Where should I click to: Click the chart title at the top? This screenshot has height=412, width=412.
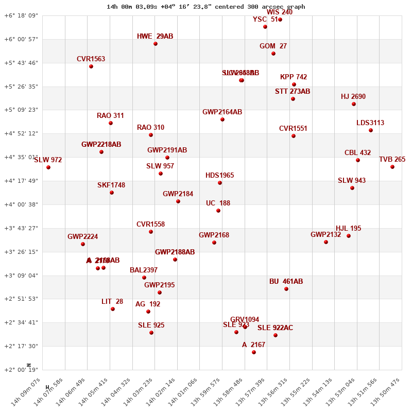205,7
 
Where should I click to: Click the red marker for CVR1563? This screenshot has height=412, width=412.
91,66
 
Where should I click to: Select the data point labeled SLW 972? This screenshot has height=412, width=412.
48,167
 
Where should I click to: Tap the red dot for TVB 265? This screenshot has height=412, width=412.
392,167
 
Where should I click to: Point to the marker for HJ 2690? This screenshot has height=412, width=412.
354,104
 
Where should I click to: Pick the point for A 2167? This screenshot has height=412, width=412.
254,352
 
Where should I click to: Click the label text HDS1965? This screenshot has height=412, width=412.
220,176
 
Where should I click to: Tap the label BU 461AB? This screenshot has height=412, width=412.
286,282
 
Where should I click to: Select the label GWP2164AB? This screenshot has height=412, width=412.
222,112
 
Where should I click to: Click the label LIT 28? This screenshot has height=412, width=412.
112,302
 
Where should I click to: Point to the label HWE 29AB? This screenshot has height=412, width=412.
155,37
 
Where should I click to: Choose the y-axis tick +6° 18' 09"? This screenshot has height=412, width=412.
21,16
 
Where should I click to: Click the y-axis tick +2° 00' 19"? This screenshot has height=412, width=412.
21,370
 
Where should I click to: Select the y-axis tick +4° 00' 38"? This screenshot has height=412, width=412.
21,204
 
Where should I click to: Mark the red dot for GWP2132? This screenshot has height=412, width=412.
326,242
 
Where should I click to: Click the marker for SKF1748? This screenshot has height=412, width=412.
112,193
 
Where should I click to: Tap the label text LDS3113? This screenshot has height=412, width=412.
370,123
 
